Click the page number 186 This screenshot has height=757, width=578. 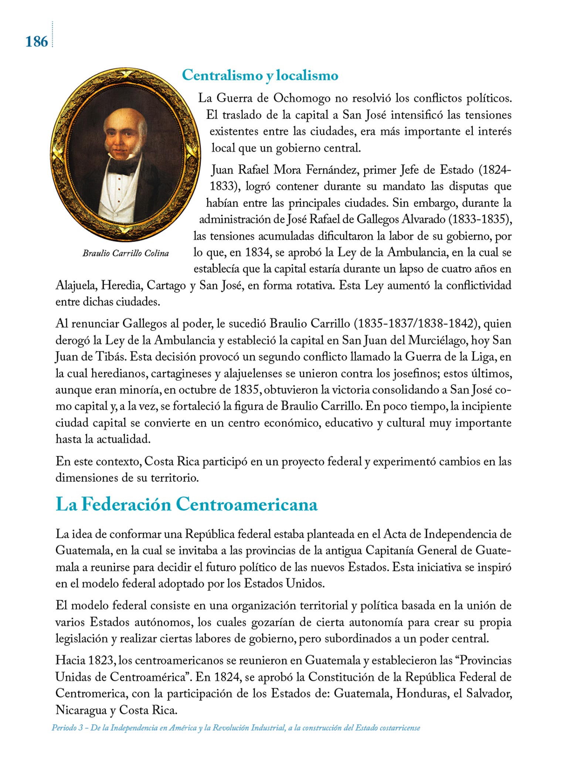coord(37,42)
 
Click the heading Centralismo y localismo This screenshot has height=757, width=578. coord(260,75)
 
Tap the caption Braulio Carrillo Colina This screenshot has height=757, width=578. coord(126,253)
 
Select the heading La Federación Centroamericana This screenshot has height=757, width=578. coord(186,505)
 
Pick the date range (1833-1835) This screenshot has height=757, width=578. coord(479,219)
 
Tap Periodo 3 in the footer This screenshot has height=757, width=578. coord(67,728)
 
